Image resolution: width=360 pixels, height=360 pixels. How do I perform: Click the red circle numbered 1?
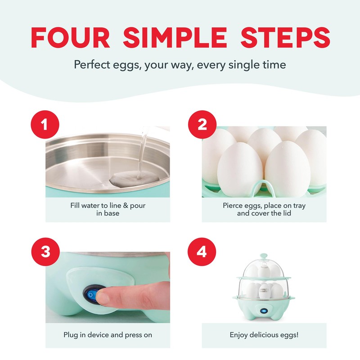point(44,125)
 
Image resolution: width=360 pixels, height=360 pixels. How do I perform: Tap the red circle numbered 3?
point(44,252)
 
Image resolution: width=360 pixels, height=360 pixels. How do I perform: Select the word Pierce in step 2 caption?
point(234,205)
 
